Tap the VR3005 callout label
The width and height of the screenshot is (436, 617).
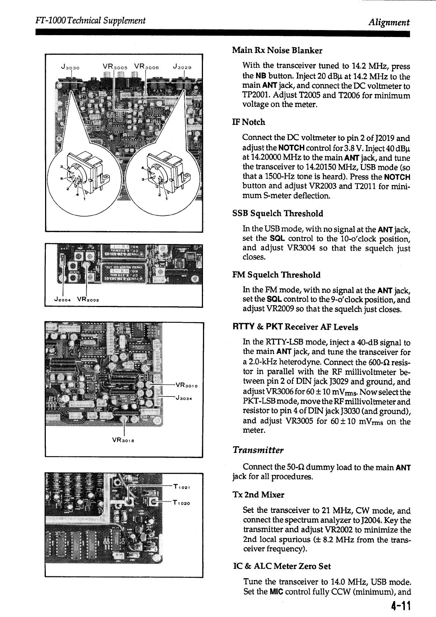tap(115, 67)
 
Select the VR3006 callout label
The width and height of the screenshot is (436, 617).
tap(146, 67)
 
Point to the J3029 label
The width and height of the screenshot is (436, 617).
tap(182, 67)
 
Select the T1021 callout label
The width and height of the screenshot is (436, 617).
tap(182, 487)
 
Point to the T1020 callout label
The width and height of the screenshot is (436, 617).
tap(182, 503)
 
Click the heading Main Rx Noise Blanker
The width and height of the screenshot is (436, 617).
tap(277, 50)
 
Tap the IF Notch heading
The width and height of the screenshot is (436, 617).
tap(249, 122)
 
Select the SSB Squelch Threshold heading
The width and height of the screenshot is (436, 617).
tap(278, 214)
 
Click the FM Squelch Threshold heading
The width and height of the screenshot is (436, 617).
tap(277, 275)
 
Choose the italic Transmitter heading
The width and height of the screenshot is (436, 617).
tap(258, 450)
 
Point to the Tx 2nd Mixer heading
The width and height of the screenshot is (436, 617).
tap(258, 495)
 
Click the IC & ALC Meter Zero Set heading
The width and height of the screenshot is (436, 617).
tap(282, 566)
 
